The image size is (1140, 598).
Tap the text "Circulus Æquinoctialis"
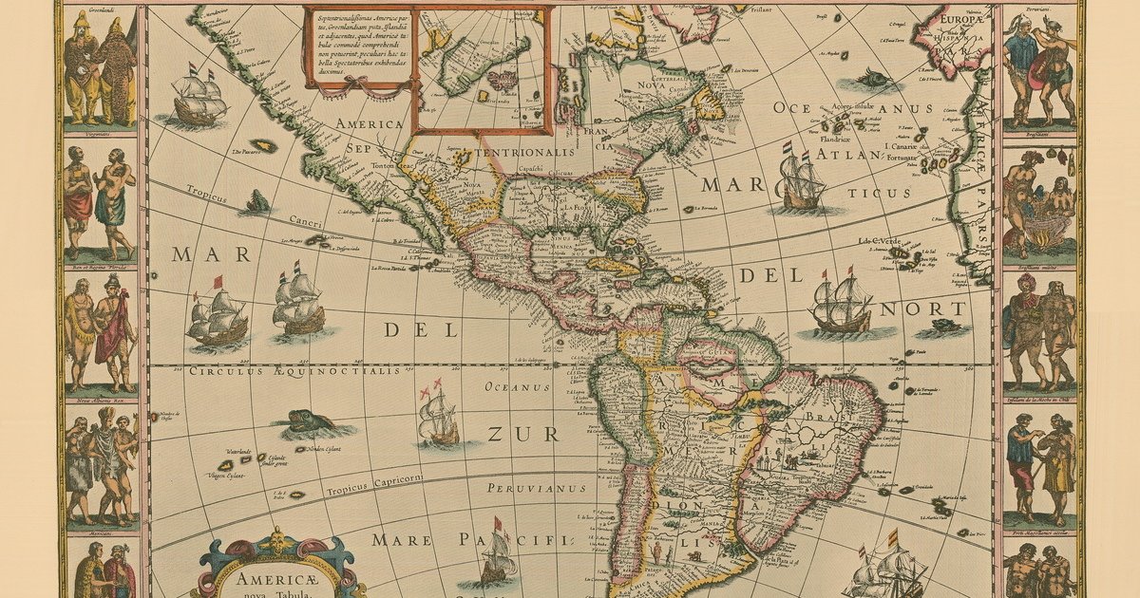[294, 372]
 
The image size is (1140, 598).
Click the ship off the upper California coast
[199, 96]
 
